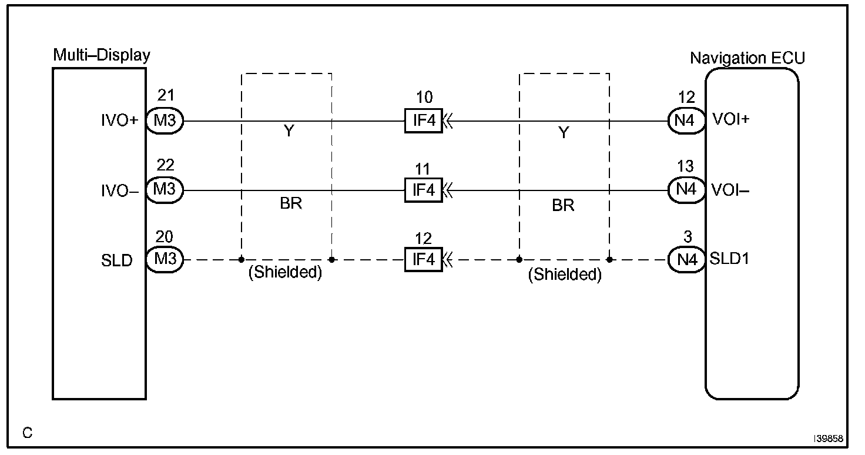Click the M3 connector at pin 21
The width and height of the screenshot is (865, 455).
tap(165, 121)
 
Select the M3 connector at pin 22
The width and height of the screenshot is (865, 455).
tap(165, 190)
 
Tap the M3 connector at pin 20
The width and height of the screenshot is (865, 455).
tap(165, 259)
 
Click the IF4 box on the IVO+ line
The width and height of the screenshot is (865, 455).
tap(423, 121)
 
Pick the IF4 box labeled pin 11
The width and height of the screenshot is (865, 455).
tap(423, 190)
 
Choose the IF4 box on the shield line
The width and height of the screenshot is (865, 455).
tap(423, 259)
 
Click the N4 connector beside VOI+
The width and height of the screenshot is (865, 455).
tap(686, 121)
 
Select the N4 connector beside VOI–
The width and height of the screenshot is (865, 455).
tap(686, 190)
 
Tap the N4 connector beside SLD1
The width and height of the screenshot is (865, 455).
tap(686, 259)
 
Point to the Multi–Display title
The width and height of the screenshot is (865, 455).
tap(102, 55)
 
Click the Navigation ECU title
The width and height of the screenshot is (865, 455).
tap(747, 58)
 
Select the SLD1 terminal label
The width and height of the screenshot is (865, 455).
tap(729, 258)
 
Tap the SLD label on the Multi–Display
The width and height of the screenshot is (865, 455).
tap(117, 260)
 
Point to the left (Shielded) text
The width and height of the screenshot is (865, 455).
tap(286, 274)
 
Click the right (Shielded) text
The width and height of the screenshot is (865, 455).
tap(565, 275)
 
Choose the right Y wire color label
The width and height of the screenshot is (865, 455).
tap(564, 133)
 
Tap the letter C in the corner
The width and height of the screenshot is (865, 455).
tap(27, 433)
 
